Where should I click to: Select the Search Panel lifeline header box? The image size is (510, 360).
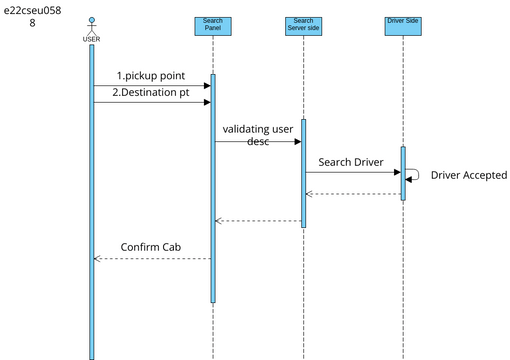coord(212,24)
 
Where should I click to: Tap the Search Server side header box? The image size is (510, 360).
coord(303,24)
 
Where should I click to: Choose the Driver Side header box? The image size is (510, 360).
coord(402,20)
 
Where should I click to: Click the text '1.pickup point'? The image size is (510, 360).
coord(150,76)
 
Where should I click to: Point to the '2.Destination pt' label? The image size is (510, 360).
coord(150,92)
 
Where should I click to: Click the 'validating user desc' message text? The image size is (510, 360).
coord(258,135)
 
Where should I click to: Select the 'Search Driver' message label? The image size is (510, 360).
coord(351,162)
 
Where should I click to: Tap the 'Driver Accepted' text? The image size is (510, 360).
coord(468,175)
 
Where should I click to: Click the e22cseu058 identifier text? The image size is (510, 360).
coord(31,15)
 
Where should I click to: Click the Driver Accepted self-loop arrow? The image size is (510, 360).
coord(413,174)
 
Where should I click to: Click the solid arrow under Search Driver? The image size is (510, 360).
coord(351,172)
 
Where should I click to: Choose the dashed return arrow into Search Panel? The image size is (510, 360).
coord(258,221)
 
